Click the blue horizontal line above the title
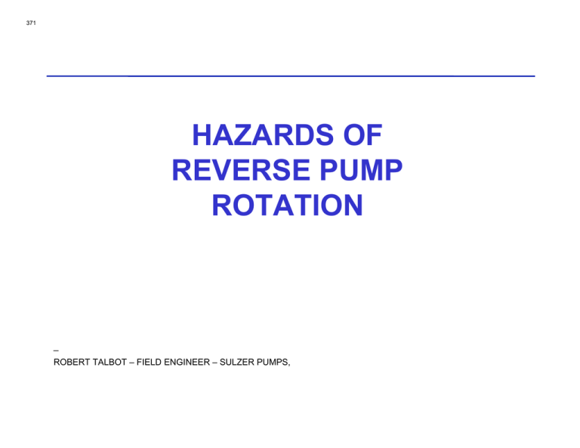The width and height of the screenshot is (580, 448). [290, 76]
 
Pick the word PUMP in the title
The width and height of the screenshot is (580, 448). [359, 171]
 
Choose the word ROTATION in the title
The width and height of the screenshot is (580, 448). [288, 205]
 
